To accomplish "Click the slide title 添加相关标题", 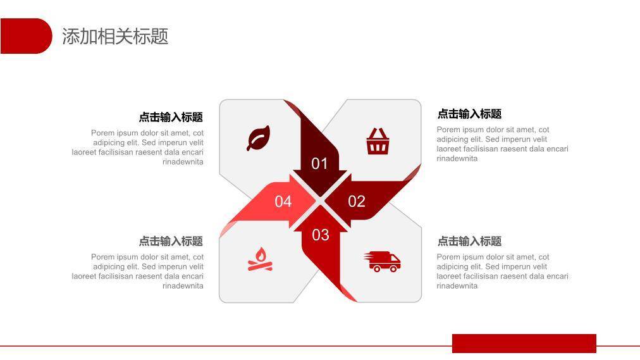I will tap(115, 36).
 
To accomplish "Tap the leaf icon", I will tap(258, 138).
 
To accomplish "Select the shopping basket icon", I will tap(378, 141).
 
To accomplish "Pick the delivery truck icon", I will tap(383, 261).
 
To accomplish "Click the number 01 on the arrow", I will tap(320, 164).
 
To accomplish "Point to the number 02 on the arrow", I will tap(357, 201).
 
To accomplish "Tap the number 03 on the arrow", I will tap(321, 235).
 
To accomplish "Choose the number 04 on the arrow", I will tap(283, 202).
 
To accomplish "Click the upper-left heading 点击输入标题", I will tap(171, 117).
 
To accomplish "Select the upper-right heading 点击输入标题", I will tap(469, 114).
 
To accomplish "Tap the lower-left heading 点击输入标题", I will tap(171, 241).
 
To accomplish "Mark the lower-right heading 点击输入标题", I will tap(469, 241).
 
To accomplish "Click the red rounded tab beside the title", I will tap(26, 36).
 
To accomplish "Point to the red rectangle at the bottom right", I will tap(524, 343).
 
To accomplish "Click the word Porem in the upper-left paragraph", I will tap(102, 133).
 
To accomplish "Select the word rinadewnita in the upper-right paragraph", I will tap(457, 159).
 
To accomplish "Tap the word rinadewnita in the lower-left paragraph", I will tap(183, 286).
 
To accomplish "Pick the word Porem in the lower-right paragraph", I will tap(448, 258).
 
